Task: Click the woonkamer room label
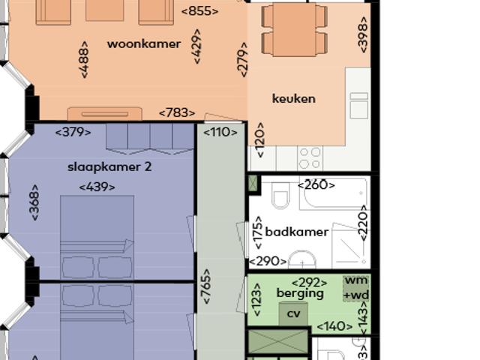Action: tap(143, 43)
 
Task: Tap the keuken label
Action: tap(293, 98)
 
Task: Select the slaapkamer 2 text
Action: tap(109, 166)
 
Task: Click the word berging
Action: tap(300, 293)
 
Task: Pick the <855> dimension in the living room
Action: tap(199, 11)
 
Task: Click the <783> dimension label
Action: tap(177, 113)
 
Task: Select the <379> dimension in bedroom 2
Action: tap(73, 132)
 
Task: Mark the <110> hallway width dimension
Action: tap(220, 132)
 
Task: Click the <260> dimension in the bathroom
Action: tap(316, 184)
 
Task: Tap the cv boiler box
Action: tap(293, 314)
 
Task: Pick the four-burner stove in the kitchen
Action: tap(310, 157)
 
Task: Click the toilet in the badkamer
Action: tap(280, 196)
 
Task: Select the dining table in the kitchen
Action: tap(293, 29)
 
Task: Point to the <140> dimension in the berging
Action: tap(334, 326)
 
